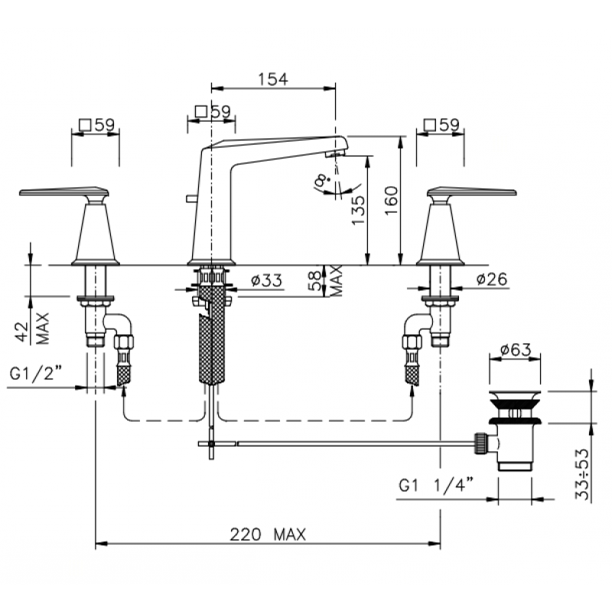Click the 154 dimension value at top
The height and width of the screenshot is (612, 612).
(273, 80)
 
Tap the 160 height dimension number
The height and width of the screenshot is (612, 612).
(392, 200)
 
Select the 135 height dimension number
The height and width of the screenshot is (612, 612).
(358, 210)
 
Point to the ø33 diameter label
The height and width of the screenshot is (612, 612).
(266, 280)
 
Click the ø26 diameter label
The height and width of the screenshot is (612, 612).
(492, 279)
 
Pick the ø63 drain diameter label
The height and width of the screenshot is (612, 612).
(515, 350)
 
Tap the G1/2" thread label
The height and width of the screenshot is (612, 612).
(35, 373)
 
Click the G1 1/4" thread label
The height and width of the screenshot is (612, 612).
(436, 485)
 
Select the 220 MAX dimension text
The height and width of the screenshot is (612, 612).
(268, 534)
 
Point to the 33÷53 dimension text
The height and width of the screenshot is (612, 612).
(582, 474)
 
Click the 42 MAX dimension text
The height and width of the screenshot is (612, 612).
(34, 329)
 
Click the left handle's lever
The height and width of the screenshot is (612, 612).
(63, 191)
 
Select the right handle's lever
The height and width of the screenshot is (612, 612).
(472, 191)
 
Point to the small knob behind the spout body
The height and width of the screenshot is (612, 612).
(190, 199)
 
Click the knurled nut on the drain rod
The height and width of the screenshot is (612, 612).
(480, 443)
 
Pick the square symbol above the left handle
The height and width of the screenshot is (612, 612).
(85, 125)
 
